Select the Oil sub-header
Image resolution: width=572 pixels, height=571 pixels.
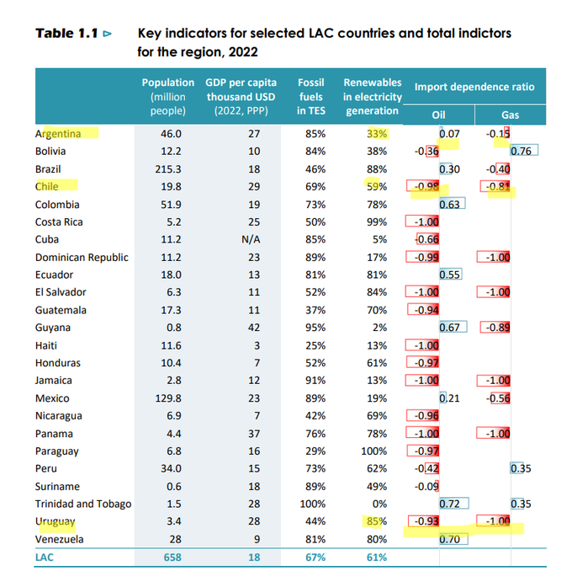[x=438, y=115]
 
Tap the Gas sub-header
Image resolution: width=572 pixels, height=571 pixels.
[x=510, y=115]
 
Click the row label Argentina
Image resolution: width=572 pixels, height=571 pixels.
[x=58, y=133]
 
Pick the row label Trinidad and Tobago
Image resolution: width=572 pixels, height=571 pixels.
[x=83, y=504]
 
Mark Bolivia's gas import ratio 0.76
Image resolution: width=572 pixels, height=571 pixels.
[x=523, y=152]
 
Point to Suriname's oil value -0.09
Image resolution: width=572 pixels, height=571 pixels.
[x=426, y=487]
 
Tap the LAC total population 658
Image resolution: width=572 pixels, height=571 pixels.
[x=171, y=558]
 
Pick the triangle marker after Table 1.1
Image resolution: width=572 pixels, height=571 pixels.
[x=107, y=35]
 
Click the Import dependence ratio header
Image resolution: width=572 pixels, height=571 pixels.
[x=474, y=88]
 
